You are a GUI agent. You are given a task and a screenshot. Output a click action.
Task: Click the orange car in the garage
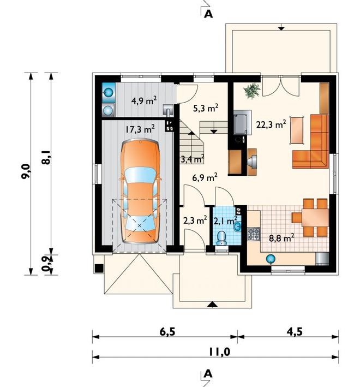tap(140, 191)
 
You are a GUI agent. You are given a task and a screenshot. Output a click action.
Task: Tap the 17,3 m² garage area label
tap(140, 129)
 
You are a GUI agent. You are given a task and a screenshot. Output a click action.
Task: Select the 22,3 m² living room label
tap(271, 124)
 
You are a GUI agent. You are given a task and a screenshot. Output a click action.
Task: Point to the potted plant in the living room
tap(252, 91)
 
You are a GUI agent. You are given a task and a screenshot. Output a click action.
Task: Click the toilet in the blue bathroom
tap(221, 238)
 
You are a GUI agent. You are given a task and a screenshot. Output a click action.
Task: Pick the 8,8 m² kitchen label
tap(281, 238)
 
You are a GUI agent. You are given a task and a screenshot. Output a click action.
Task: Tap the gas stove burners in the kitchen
tap(254, 234)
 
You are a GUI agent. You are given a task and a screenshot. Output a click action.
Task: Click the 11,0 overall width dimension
tap(219, 352)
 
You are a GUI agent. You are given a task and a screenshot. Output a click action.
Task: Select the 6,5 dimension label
tap(167, 332)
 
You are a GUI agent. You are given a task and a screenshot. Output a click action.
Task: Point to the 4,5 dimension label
tap(295, 332)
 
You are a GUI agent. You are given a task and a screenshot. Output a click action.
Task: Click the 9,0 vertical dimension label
tap(26, 171)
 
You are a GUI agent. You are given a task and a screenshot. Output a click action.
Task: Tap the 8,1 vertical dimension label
tap(46, 157)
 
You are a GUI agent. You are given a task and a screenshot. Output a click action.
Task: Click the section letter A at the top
tap(208, 15)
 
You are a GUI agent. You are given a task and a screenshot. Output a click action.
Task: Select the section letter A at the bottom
tap(208, 374)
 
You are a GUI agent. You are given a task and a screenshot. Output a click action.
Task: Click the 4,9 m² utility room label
tap(144, 100)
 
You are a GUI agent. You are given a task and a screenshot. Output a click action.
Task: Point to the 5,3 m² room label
tap(206, 108)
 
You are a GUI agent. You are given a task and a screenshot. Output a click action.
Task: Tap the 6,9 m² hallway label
tap(205, 177)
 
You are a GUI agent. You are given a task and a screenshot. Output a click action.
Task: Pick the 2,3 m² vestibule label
tap(195, 221)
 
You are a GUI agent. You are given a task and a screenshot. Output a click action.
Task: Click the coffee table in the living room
tap(297, 130)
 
